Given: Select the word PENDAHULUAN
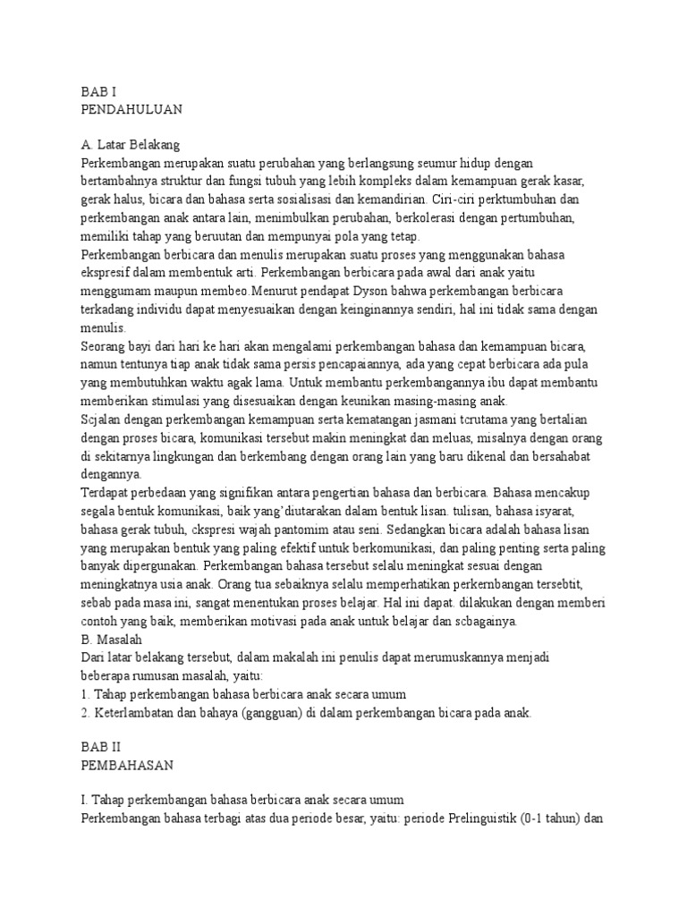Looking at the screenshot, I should click(x=131, y=109).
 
